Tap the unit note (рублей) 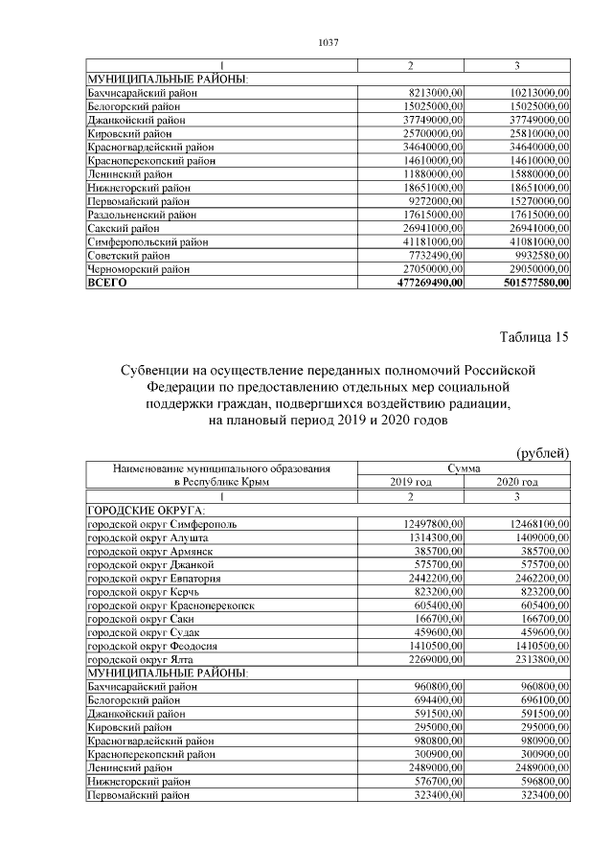click(x=542, y=453)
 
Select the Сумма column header click(x=464, y=468)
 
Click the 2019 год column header click(x=410, y=482)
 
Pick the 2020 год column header click(x=517, y=482)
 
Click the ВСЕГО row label click(x=106, y=284)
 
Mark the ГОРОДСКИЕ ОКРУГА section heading click(x=141, y=512)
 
